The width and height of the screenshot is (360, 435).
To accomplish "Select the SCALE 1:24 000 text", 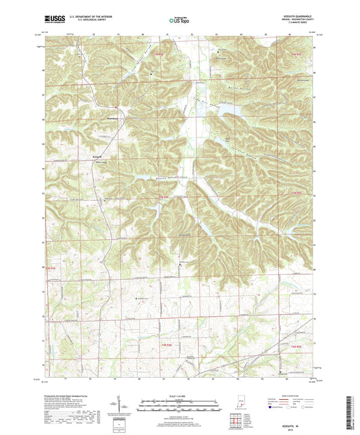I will pos(180,394).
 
